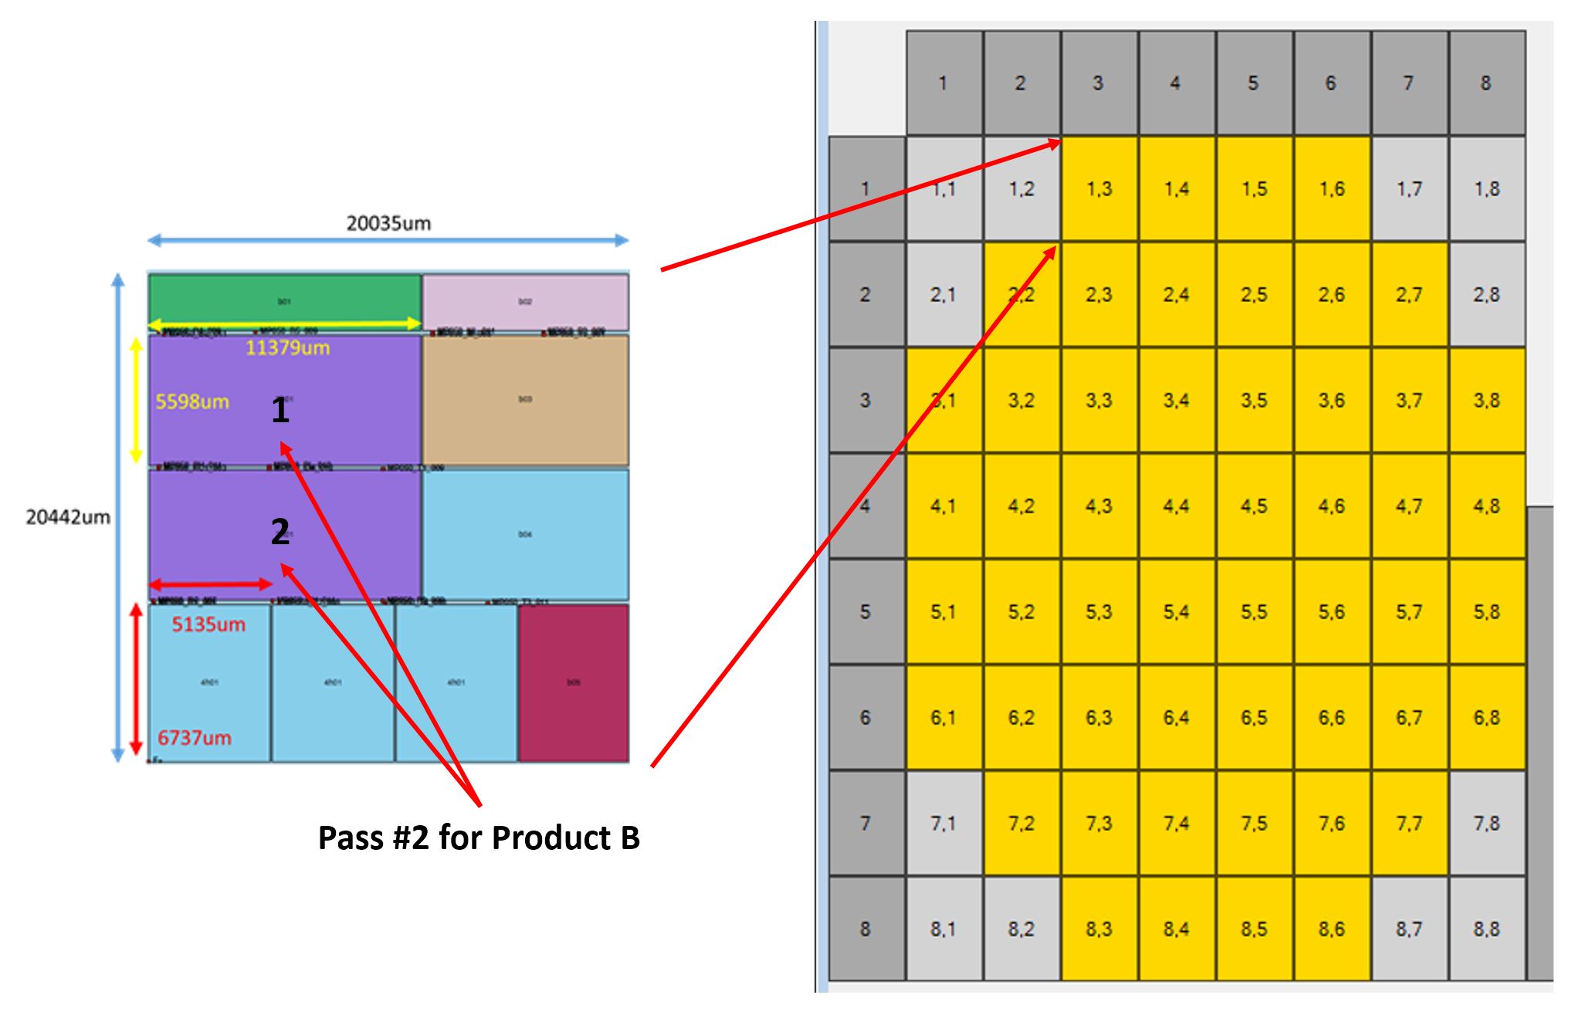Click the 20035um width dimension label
(x=388, y=224)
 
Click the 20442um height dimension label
(x=68, y=517)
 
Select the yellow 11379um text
(x=287, y=348)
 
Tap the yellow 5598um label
(x=192, y=402)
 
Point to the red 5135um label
(x=208, y=624)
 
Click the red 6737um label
(x=195, y=738)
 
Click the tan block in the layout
(x=525, y=400)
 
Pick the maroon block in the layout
(x=573, y=683)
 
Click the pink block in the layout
(x=525, y=301)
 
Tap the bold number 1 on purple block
(x=280, y=411)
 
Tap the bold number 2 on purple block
(x=280, y=532)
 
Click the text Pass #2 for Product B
(x=479, y=838)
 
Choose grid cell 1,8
(x=1486, y=189)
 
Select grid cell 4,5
(x=1254, y=506)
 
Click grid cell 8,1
(x=944, y=929)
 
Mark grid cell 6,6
(x=1332, y=718)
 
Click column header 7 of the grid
(x=1409, y=83)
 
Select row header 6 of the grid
(x=866, y=718)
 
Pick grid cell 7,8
(x=1486, y=824)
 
